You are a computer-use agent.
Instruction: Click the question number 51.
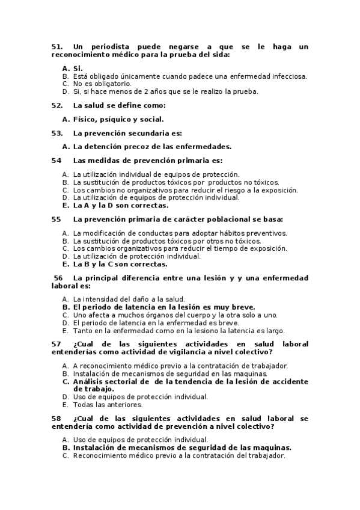pos(57,46)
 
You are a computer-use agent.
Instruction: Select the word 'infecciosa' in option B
pos(287,76)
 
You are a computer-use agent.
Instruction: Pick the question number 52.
pos(57,105)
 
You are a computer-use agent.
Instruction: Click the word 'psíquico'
pos(115,119)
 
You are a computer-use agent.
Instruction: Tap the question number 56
pos(58,278)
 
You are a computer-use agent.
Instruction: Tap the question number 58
pos(56,418)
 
